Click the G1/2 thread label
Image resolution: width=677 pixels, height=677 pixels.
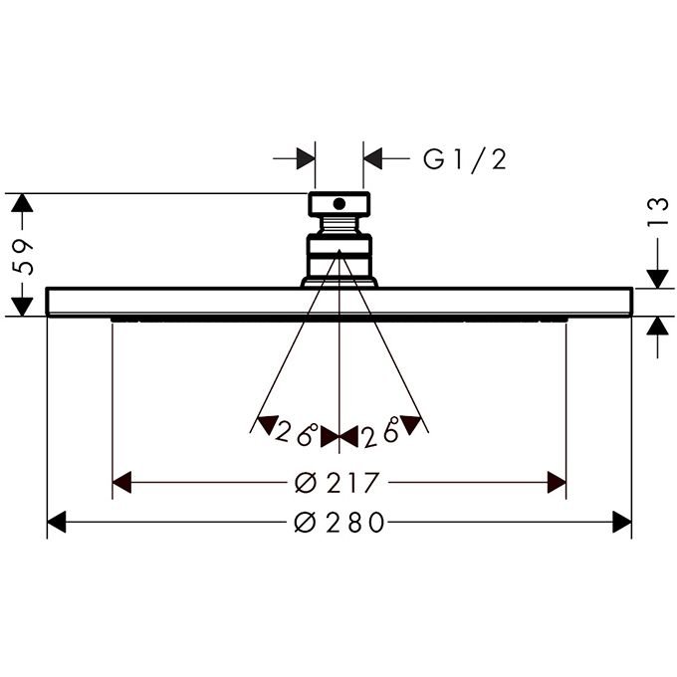465,159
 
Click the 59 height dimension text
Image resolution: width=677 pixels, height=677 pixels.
23,256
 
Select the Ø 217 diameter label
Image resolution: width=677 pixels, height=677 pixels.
338,483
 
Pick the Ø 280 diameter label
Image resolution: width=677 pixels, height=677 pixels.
339,522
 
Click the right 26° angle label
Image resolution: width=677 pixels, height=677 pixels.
380,433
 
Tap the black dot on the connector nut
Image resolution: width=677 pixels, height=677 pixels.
339,204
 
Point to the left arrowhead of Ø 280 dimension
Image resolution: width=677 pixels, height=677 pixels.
57,522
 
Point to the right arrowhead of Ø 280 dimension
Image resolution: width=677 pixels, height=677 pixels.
621,522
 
